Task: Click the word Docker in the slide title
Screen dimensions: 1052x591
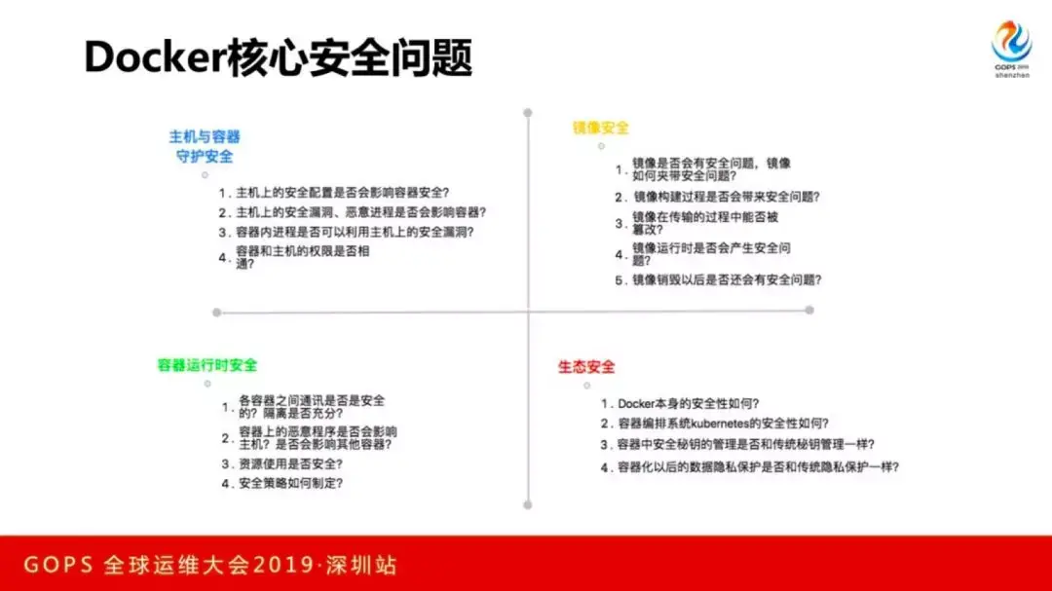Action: coord(156,57)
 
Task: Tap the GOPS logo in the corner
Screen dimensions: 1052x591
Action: coord(1012,49)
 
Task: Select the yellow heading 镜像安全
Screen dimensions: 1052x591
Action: coord(600,128)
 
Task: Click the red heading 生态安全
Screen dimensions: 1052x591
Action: coord(586,367)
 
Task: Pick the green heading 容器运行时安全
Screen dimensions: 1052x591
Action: coord(207,365)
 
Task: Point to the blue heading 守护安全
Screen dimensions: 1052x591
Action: coord(205,157)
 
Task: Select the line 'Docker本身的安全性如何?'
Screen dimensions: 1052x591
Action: coord(689,403)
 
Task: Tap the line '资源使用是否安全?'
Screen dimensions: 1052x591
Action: coord(291,463)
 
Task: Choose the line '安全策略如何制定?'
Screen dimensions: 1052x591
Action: coord(291,483)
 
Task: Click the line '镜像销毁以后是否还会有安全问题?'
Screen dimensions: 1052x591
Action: coord(728,279)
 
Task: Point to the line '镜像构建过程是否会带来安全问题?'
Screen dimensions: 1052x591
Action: coord(727,197)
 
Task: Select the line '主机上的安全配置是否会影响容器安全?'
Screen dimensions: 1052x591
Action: coord(342,193)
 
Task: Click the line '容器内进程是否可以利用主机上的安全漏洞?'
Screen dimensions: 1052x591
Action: coord(355,232)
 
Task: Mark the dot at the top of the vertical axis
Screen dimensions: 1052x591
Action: coord(528,113)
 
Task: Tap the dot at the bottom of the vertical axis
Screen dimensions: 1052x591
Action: coord(528,505)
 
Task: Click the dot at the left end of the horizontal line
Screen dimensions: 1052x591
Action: coord(216,313)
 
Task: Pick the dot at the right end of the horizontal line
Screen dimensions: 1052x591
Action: coord(809,310)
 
